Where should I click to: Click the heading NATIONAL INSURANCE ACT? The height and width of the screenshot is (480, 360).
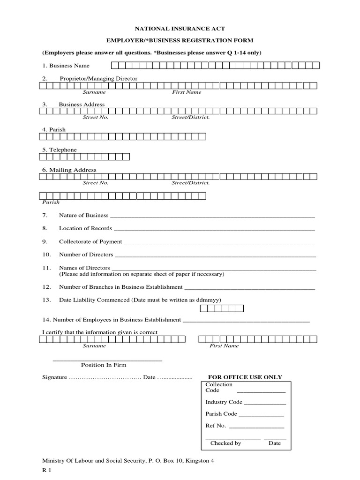click(180, 29)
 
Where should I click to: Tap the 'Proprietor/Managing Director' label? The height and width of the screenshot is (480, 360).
click(98, 79)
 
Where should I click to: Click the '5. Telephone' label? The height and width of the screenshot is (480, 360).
click(60, 150)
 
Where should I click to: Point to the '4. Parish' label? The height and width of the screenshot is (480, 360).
click(54, 129)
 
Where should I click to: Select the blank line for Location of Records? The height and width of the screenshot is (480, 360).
click(214, 230)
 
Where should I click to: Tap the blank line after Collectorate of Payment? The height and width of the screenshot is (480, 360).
click(218, 243)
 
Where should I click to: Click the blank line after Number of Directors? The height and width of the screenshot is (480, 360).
click(215, 256)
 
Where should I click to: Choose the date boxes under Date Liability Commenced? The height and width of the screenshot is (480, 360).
click(222, 308)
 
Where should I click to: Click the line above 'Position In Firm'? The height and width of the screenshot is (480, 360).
click(107, 360)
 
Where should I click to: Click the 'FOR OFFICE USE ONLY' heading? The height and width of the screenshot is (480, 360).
click(245, 377)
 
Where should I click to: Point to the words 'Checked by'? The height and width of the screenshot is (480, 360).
click(225, 443)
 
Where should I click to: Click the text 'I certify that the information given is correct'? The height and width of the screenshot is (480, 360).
click(100, 332)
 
